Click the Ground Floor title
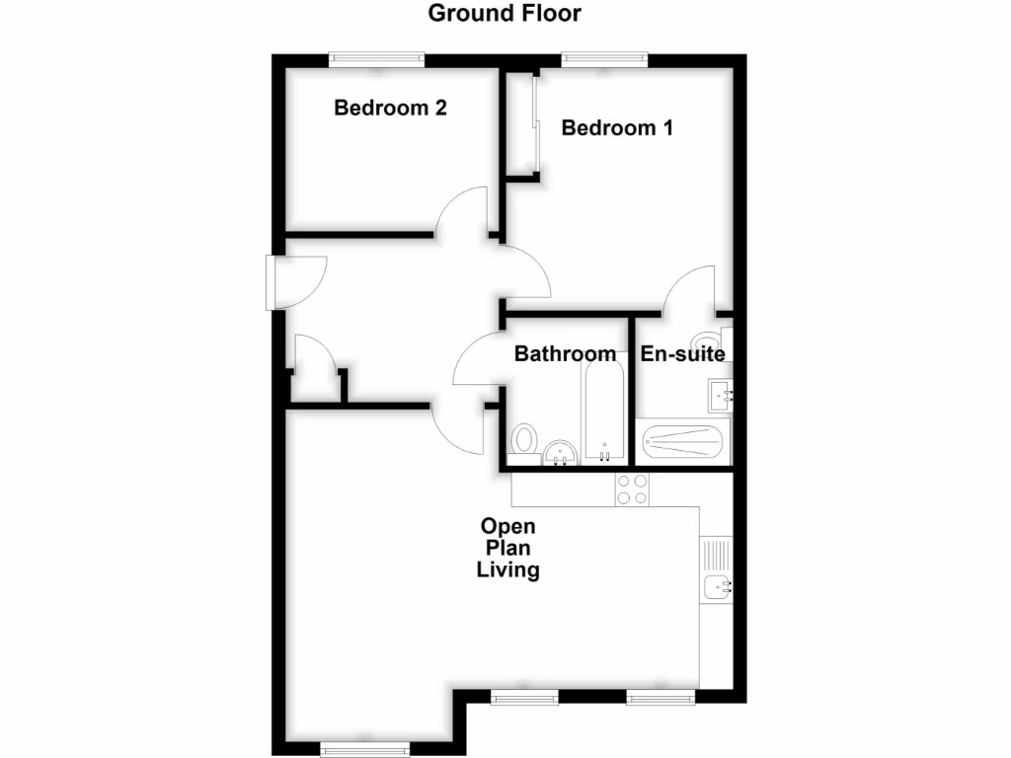pyautogui.click(x=505, y=14)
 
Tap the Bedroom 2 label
pyautogui.click(x=390, y=108)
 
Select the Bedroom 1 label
pyautogui.click(x=617, y=127)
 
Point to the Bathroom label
pyautogui.click(x=565, y=354)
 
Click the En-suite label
pyautogui.click(x=683, y=354)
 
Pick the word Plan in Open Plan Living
pyautogui.click(x=507, y=548)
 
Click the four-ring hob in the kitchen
pyautogui.click(x=632, y=490)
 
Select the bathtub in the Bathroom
pyautogui.click(x=603, y=415)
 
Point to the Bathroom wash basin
pyautogui.click(x=562, y=453)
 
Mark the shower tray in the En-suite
pyautogui.click(x=684, y=441)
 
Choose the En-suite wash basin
pyautogui.click(x=721, y=395)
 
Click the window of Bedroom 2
pyautogui.click(x=377, y=60)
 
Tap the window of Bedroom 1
pyautogui.click(x=605, y=60)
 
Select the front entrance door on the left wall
pyautogui.click(x=271, y=283)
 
